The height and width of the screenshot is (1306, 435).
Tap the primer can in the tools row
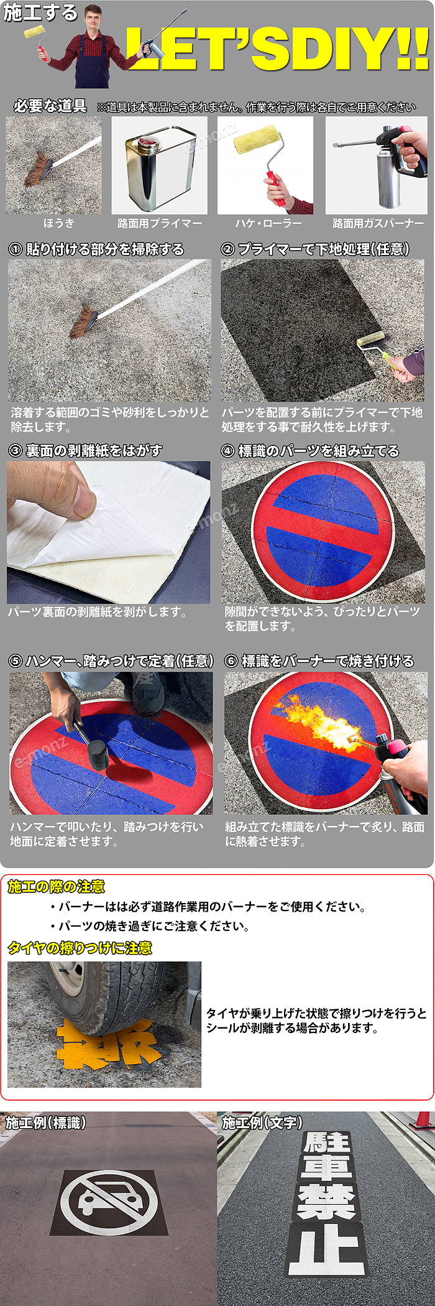pyautogui.click(x=159, y=167)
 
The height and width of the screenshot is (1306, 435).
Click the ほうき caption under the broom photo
pyautogui.click(x=58, y=223)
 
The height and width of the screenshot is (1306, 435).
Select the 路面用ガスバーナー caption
pyautogui.click(x=378, y=223)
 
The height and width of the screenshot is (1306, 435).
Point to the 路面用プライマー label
pyautogui.click(x=160, y=223)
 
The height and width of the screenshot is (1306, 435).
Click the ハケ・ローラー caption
pyautogui.click(x=268, y=223)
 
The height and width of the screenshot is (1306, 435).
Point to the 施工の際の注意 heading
pyautogui.click(x=56, y=887)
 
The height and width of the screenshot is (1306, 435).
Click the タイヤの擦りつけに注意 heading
pyautogui.click(x=80, y=948)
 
